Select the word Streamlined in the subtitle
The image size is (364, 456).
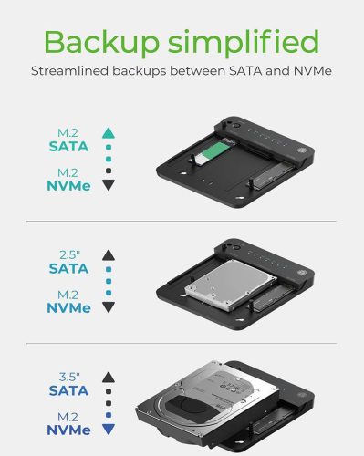69,71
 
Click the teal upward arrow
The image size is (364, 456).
109,130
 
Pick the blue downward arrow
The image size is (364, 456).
109,425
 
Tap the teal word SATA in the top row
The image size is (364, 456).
70,145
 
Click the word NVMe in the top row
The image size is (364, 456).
69,185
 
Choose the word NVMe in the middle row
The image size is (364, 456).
69,308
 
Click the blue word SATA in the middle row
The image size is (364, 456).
70,268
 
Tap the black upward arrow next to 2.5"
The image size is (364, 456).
109,254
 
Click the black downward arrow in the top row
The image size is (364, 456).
109,185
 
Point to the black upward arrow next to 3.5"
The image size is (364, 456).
109,375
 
